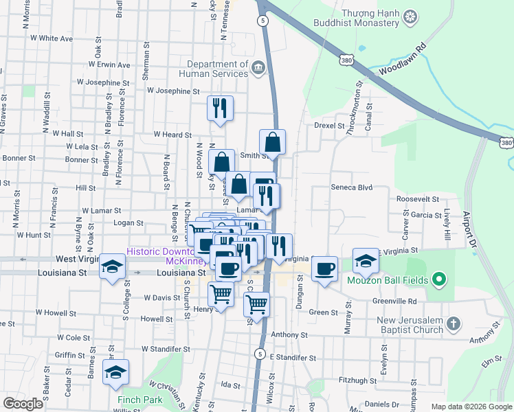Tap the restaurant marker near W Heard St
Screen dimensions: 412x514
click(220, 108)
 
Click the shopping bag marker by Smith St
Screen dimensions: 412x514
click(273, 143)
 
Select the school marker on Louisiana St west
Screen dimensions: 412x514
click(111, 267)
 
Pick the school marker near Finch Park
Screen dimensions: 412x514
click(115, 372)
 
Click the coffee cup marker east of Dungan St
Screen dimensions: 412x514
click(324, 269)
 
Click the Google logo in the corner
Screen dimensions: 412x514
click(23, 403)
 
